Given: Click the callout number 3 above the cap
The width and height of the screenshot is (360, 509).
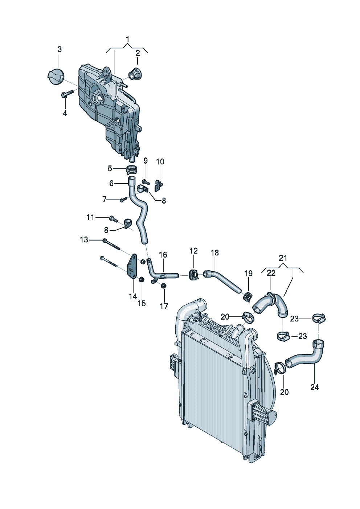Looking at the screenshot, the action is [x=60, y=49].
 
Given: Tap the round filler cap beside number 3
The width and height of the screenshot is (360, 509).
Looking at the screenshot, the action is [x=56, y=77].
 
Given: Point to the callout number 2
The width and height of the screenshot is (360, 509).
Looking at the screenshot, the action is [x=138, y=53].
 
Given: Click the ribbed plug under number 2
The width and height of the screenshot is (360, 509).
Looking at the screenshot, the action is [x=135, y=74].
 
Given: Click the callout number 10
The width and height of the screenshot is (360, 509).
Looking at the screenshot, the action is [x=160, y=162].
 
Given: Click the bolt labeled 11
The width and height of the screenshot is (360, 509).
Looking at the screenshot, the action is [x=114, y=219].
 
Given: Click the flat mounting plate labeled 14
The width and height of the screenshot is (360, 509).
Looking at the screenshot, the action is [x=132, y=266].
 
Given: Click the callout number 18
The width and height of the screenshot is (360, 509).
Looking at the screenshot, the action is [x=214, y=253].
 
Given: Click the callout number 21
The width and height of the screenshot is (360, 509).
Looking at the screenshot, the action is [x=283, y=258].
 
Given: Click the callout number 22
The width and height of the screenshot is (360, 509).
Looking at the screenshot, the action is [x=271, y=273].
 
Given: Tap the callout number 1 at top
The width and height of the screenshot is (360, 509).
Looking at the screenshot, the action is [x=128, y=39].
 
